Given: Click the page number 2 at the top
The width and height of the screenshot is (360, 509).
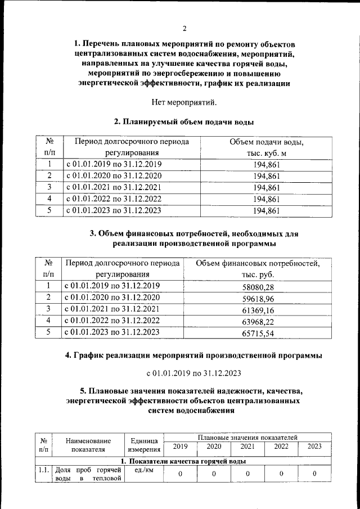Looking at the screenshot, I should (184, 29).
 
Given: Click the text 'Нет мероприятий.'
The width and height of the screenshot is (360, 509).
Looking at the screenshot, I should (184, 102).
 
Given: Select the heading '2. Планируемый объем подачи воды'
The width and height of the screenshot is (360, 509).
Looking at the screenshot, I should (183, 122).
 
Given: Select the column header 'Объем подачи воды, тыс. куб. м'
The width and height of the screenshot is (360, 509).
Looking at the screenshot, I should (267, 147).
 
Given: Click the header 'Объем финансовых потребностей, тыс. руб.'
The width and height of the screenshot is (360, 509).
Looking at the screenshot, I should (258, 269).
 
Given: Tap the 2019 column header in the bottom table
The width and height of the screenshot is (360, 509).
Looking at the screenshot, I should (181, 447).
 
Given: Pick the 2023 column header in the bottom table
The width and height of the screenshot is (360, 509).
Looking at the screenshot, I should (314, 447).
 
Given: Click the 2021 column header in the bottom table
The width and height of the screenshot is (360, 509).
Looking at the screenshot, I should (247, 447).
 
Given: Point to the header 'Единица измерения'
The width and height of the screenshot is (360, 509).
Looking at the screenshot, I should (144, 445).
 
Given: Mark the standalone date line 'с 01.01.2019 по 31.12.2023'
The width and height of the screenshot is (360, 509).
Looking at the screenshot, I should (193, 373).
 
